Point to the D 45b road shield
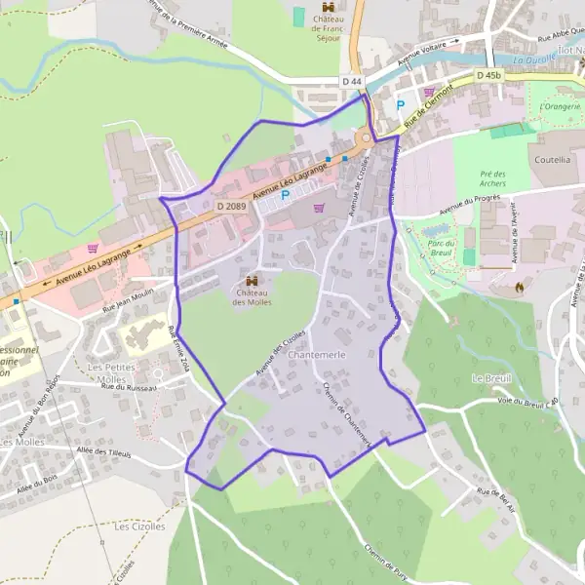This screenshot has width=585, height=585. [489, 75]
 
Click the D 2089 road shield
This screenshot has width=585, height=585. [231, 206]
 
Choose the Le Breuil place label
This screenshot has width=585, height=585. [489, 377]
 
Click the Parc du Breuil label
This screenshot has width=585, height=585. [436, 242]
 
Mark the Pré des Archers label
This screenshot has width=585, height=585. [493, 179]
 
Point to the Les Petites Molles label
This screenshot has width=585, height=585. [107, 372]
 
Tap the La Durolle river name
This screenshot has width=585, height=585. [532, 58]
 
